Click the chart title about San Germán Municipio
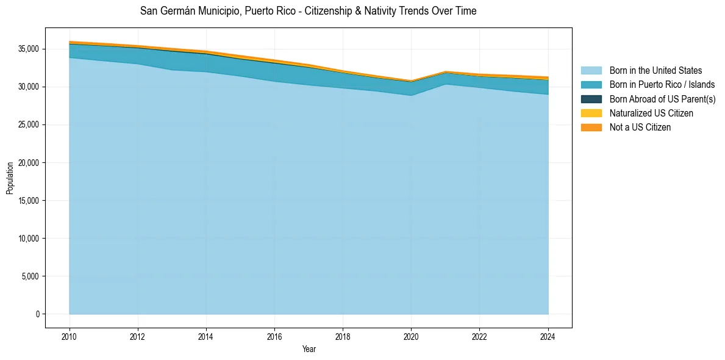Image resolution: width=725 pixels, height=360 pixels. pos(308,11)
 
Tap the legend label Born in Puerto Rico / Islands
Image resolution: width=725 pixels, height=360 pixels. pos(662,85)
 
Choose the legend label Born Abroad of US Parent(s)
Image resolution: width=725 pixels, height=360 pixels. pos(662,99)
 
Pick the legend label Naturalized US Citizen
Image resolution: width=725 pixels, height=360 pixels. pos(651,113)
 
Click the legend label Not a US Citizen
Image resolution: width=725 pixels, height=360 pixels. pos(640,127)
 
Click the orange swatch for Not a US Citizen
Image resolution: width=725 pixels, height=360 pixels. pos(591,127)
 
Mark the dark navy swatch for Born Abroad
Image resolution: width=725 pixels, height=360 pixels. pos(591,99)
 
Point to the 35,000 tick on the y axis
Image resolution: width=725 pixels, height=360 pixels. pos(29,49)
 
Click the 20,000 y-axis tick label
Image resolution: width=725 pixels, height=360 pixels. pos(29,163)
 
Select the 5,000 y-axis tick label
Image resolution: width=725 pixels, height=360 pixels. pos(30,276)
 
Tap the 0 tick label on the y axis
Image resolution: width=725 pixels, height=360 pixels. pos(37,314)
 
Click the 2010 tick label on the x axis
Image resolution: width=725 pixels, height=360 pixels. pos(70,336)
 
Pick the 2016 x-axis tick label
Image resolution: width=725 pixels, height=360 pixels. pos(274,336)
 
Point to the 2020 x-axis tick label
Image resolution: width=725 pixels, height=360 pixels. pos(411,336)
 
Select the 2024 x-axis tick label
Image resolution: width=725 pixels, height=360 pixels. pos(548,336)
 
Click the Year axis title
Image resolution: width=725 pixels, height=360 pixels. pos(309,349)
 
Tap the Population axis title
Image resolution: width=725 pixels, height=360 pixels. pos(10,178)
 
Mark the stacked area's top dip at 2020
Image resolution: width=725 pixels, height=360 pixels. pos(411,81)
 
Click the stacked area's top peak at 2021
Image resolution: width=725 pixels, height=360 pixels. pos(446,71)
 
